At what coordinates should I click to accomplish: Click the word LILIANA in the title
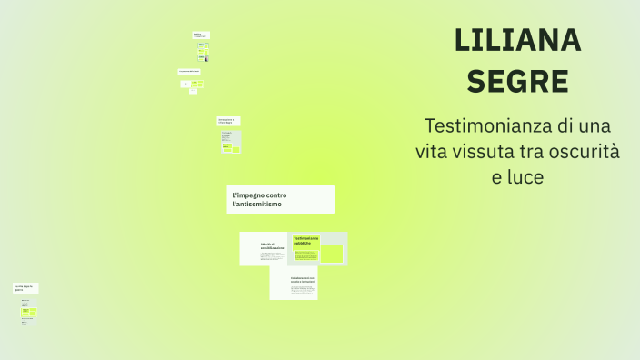click(x=517, y=40)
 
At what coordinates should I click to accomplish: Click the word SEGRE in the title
click(x=517, y=81)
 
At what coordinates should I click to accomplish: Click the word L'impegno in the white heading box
click(x=249, y=195)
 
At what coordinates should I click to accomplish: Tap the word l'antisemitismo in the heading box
click(x=257, y=205)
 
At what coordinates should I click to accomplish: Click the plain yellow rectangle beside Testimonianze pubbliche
click(x=332, y=254)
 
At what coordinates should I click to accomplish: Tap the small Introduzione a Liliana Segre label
click(x=227, y=120)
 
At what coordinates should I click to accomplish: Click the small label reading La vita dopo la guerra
click(x=25, y=288)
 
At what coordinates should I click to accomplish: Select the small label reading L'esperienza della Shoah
click(x=189, y=71)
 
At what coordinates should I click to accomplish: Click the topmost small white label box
click(x=201, y=35)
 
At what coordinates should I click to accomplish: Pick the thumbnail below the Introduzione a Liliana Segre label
click(x=231, y=141)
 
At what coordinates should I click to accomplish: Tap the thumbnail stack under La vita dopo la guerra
click(x=28, y=312)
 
